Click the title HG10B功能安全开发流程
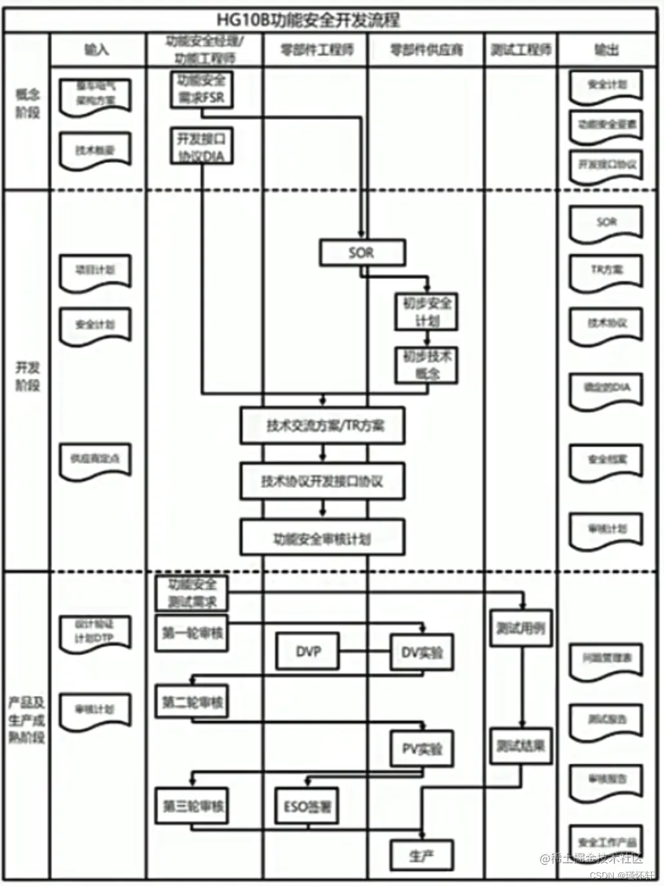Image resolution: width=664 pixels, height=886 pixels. tap(308, 19)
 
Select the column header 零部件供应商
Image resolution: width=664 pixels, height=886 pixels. tap(426, 50)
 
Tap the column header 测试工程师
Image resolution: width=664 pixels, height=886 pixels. tap(521, 50)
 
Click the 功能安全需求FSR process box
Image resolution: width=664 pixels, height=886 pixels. tap(202, 90)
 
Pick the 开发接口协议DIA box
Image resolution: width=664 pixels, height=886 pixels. tap(202, 147)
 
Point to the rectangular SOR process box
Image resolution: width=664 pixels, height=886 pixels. tap(362, 253)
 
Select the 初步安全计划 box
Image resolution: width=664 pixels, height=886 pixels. tap(427, 312)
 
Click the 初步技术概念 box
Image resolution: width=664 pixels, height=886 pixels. tap(427, 365)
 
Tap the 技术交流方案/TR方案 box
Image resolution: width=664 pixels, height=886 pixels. tap(323, 426)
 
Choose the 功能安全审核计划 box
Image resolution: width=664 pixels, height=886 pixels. tap(323, 538)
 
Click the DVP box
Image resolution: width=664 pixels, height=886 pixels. tap(308, 651)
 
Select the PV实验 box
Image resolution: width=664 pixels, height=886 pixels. tap(422, 749)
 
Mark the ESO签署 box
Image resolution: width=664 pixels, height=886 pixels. tap(308, 806)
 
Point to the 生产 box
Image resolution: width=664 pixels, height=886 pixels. tap(422, 856)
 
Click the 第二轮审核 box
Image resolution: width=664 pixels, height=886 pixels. tap(192, 702)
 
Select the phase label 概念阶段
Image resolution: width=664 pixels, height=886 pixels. tap(27, 103)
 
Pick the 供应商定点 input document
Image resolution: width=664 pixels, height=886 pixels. tap(95, 460)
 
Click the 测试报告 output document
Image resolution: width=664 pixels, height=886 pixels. tap(606, 720)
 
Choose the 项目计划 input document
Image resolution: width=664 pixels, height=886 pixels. tap(95, 271)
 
